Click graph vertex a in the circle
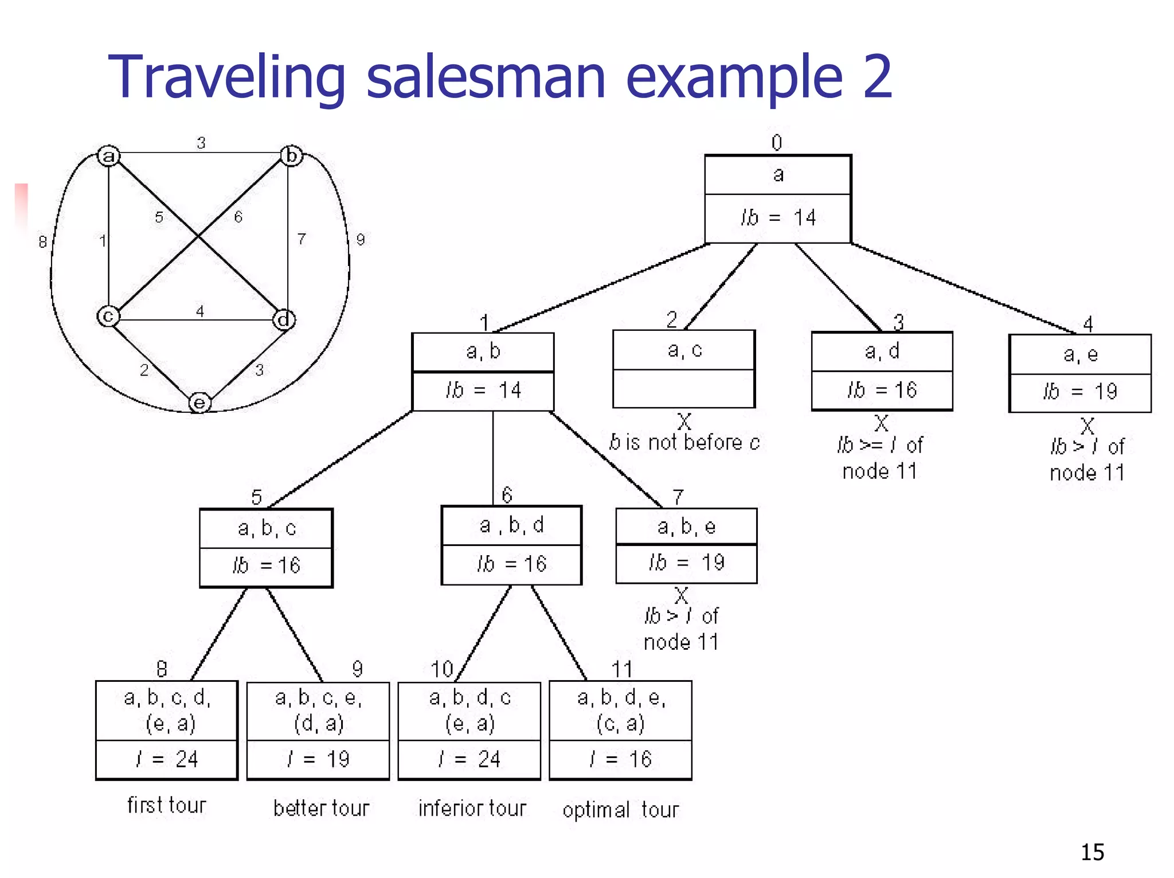[x=108, y=155]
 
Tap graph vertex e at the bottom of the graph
[x=199, y=403]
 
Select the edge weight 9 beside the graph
[x=361, y=239]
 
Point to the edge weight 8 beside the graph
[x=42, y=241]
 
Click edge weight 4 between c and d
[x=199, y=311]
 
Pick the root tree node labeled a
[x=778, y=198]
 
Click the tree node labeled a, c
[x=684, y=368]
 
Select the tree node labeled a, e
[x=1080, y=373]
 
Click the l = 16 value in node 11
[x=621, y=759]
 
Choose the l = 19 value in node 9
[x=318, y=759]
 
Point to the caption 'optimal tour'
[x=621, y=809]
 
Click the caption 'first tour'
[x=166, y=805]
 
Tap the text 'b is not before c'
[x=684, y=443]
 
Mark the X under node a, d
[x=882, y=423]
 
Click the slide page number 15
[x=1092, y=852]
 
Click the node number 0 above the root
[x=777, y=142]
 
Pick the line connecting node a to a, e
[x=963, y=288]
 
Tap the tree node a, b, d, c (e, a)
[x=469, y=730]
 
